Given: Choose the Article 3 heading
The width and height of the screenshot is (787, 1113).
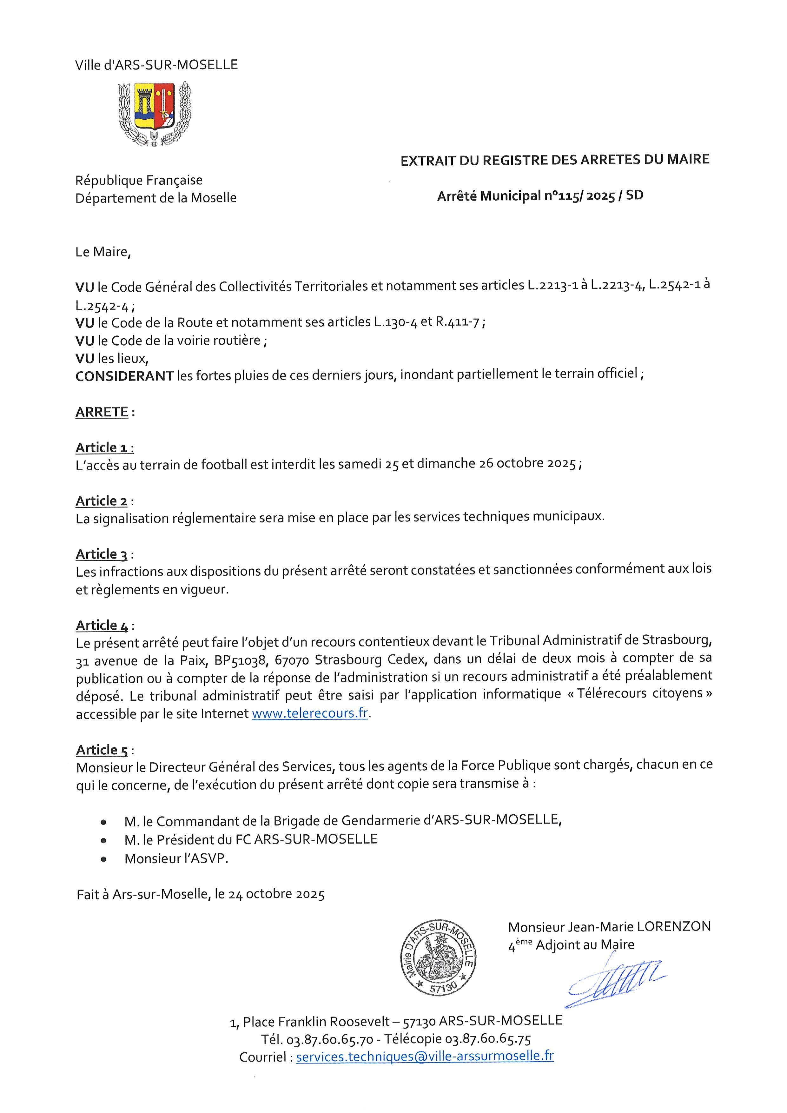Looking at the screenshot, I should coord(102,554).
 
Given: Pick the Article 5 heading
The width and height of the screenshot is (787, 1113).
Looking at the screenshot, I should coord(102,750).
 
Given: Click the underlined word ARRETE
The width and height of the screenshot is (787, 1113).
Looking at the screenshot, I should coord(102,412).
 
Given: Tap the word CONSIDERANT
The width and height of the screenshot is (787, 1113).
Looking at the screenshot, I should coord(124,376).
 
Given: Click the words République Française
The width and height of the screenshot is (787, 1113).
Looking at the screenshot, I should coord(139,180).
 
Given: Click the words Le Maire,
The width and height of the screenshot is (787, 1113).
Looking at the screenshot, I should coord(103,252).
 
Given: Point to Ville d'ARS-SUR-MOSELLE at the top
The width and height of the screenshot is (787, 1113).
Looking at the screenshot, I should coord(156,65).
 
